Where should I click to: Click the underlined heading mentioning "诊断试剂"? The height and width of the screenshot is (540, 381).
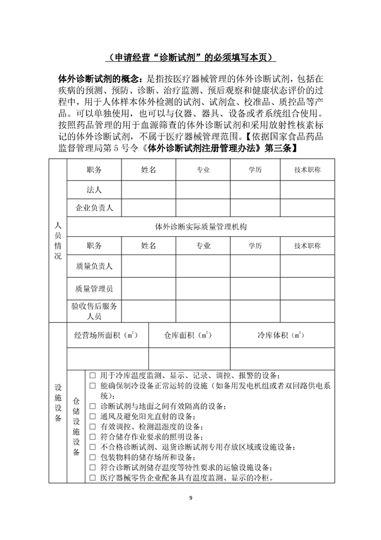(x=190, y=58)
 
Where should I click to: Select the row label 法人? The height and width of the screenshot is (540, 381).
(x=94, y=189)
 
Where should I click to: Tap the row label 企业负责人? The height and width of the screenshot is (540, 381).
(x=94, y=208)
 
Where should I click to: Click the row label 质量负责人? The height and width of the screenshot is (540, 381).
(x=94, y=266)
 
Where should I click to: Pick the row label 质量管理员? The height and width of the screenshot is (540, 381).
(x=94, y=289)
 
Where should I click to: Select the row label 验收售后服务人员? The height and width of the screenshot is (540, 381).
(x=94, y=311)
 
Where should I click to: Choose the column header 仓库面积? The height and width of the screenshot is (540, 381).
(x=186, y=335)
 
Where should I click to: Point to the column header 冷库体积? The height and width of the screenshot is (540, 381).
(x=280, y=335)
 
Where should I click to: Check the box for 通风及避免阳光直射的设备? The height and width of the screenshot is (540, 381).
(x=93, y=416)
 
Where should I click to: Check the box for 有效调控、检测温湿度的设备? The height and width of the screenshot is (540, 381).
(x=93, y=426)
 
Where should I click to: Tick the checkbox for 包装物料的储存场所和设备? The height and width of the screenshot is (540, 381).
(x=93, y=458)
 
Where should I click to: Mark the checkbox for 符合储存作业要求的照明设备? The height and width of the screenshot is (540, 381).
(x=93, y=437)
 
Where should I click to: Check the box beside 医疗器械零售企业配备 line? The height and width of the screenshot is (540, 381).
(x=93, y=479)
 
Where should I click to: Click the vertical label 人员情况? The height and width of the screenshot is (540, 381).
(x=58, y=240)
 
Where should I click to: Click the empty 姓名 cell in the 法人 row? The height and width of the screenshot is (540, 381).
(x=148, y=189)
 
